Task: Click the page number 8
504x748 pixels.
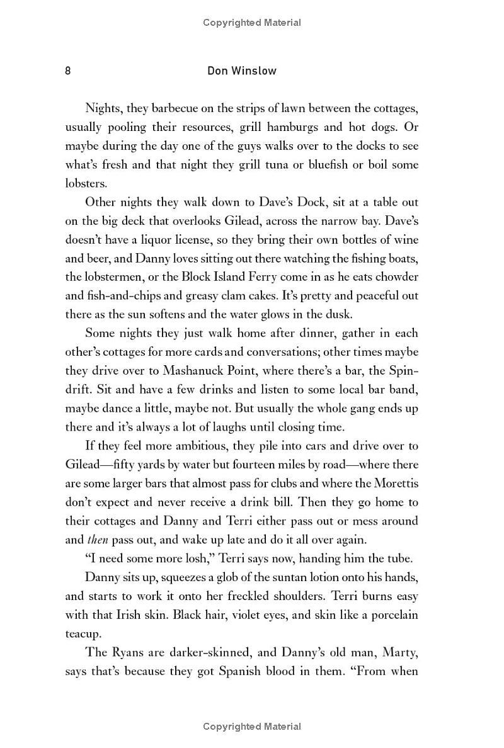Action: [68, 71]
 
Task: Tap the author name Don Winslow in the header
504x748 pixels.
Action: [242, 71]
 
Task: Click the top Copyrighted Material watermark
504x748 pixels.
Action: [252, 23]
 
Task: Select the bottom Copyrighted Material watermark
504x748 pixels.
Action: [252, 727]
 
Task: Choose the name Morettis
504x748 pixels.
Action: [394, 484]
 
